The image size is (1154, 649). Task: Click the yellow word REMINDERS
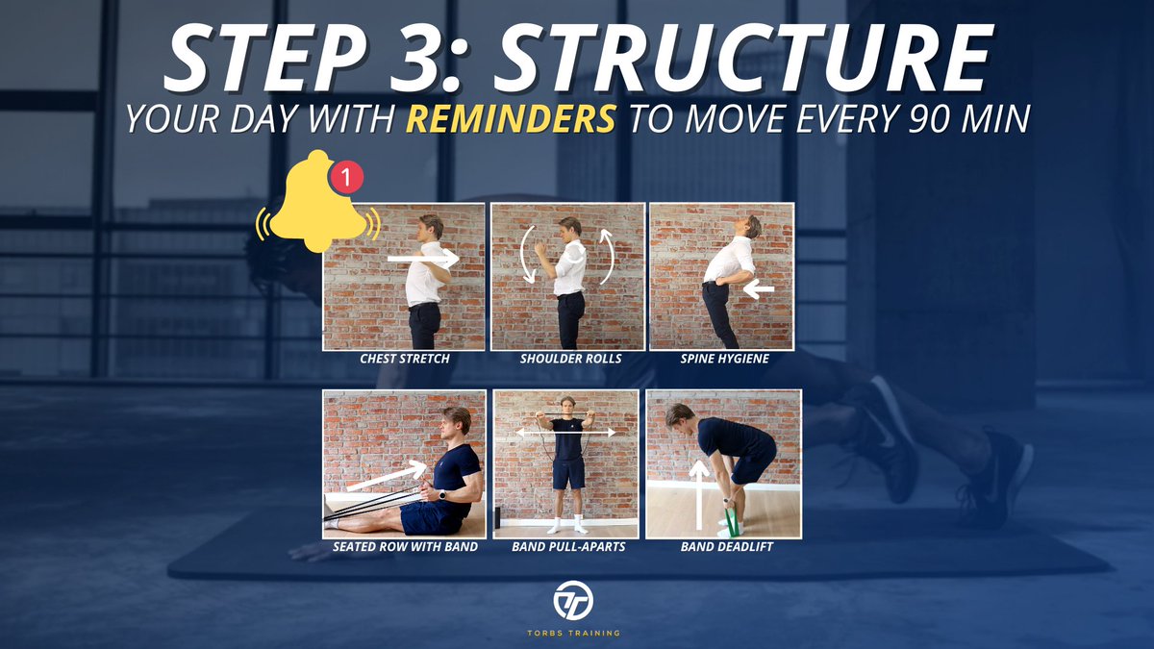[x=511, y=119]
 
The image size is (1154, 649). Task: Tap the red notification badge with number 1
[x=346, y=178]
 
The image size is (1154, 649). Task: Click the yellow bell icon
[x=318, y=201]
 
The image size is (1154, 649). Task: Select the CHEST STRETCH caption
[x=405, y=359]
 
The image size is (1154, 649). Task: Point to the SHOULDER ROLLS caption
[x=570, y=359]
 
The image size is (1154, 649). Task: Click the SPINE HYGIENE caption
[x=724, y=359]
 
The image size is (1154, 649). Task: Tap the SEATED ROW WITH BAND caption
[x=405, y=546]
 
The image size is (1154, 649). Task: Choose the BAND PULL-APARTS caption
[x=568, y=546]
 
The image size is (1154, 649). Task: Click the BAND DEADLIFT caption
[x=726, y=546]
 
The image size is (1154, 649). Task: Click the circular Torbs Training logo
[x=573, y=600]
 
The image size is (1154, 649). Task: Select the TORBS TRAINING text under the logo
[x=573, y=633]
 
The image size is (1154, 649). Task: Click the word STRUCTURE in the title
[x=743, y=58]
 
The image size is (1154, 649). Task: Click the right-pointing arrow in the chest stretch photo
[x=423, y=258]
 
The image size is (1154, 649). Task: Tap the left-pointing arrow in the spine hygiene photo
[x=759, y=289]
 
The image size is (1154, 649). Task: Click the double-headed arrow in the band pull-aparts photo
[x=566, y=433]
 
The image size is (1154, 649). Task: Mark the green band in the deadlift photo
[x=734, y=521]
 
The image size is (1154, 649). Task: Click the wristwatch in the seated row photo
[x=442, y=495]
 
